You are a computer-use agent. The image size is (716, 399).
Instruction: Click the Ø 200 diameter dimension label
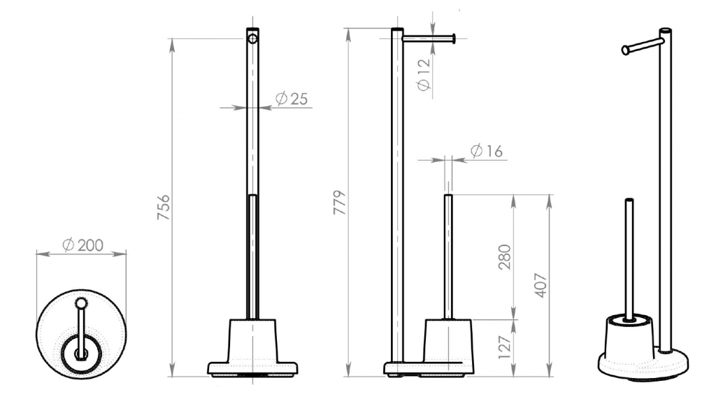(83, 245)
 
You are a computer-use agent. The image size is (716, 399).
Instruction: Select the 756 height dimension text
(163, 208)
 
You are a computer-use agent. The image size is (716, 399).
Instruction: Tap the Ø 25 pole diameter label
(292, 99)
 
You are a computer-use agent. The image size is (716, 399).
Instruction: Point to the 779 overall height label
(339, 203)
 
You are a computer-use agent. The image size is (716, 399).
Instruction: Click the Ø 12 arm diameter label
(424, 74)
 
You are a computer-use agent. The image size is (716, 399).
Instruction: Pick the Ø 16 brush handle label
(486, 151)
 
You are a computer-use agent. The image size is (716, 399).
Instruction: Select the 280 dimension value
(505, 257)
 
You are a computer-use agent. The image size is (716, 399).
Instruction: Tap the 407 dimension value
(540, 285)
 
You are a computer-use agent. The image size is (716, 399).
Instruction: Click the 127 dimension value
(505, 347)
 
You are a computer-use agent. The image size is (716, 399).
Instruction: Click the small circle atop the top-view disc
(81, 303)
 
